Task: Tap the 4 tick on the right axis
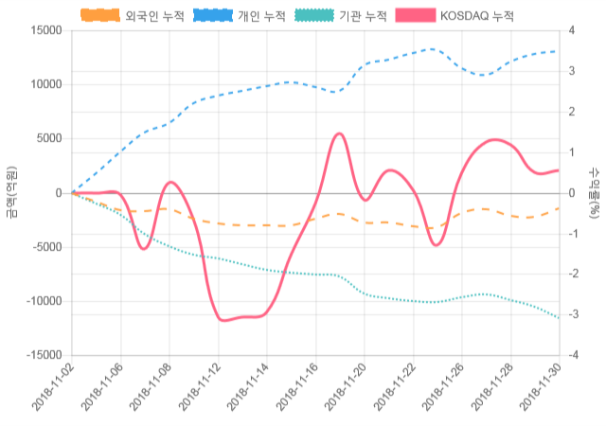[x=571, y=30]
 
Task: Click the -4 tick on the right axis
[x=573, y=356]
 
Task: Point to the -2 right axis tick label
[x=573, y=275]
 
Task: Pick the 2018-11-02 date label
[x=52, y=390]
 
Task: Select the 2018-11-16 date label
[x=294, y=390]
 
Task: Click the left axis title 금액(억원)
[x=11, y=193]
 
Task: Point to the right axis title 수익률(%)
[x=595, y=193]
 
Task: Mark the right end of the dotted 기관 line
[x=559, y=318]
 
